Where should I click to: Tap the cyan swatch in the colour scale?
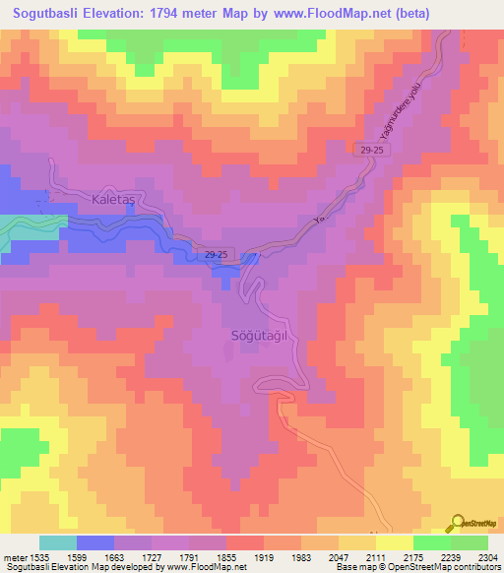coord(58,542)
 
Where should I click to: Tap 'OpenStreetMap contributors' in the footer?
coord(449,568)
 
